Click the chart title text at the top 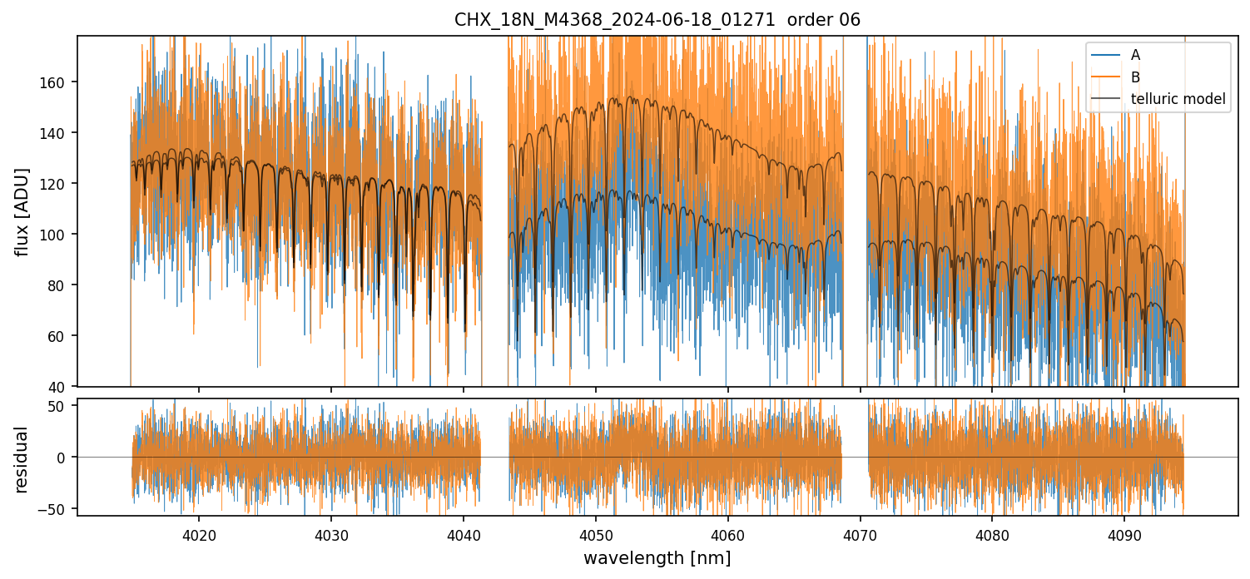[x=657, y=20]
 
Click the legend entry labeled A [x=1135, y=55]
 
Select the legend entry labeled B [x=1135, y=77]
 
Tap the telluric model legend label [x=1178, y=99]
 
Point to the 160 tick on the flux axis [x=59, y=82]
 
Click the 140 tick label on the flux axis [x=59, y=133]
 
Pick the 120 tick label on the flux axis [x=59, y=184]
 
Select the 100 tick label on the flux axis [x=59, y=235]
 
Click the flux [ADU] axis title [x=22, y=211]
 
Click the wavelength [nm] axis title [x=657, y=558]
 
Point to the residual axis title [x=22, y=458]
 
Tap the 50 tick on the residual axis [x=62, y=406]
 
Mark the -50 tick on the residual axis [x=60, y=508]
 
